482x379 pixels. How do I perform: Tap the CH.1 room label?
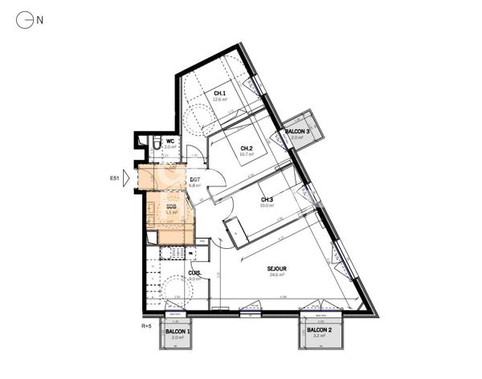point(219,93)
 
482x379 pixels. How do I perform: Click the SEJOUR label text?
point(277,269)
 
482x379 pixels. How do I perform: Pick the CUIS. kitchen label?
point(194,273)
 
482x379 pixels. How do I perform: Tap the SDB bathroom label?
point(171,206)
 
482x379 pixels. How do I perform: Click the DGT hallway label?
point(194,178)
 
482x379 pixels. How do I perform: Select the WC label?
point(170,141)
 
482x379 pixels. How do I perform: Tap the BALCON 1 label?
point(178,331)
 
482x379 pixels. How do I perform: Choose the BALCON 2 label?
point(319,330)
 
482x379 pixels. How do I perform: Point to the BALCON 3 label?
point(297,131)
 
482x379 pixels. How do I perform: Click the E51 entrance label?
point(114,178)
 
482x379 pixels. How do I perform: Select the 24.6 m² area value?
point(277,275)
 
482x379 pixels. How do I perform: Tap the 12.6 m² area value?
point(219,100)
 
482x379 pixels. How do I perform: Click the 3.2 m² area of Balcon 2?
point(319,336)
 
